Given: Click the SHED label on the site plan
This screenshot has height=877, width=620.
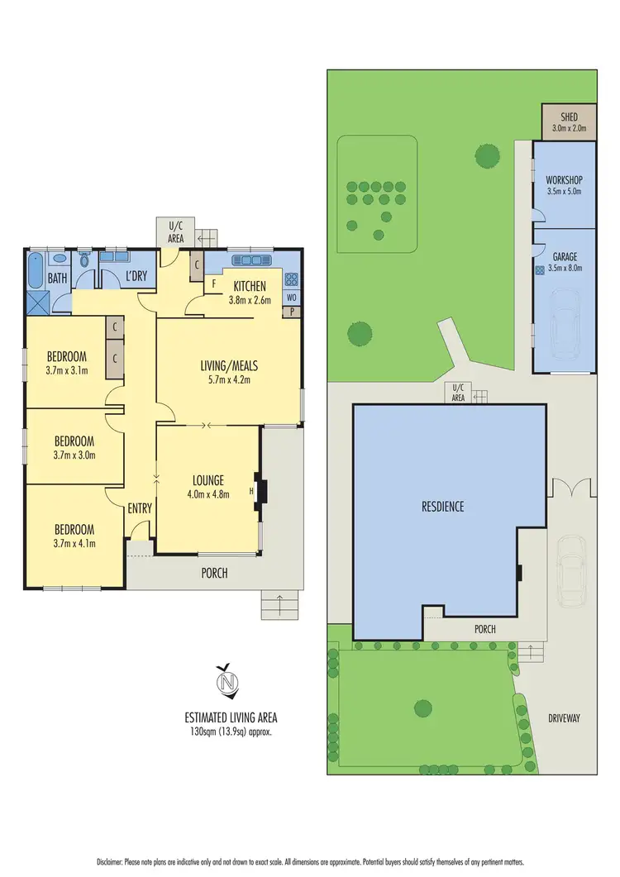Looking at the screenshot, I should coord(569,117).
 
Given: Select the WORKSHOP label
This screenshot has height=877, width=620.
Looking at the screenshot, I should coord(565,180).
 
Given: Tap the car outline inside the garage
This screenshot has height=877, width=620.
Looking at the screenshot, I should coord(565,326).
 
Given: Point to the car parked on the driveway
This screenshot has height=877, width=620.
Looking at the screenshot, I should coord(571,570).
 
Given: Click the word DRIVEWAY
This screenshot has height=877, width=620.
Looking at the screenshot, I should coord(562,718).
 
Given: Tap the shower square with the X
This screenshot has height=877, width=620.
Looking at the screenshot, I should coord(38,301).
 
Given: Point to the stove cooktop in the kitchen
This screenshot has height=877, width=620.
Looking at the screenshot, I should coord(291,279).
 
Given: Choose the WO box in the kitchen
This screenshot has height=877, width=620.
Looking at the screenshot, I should coord(291,297).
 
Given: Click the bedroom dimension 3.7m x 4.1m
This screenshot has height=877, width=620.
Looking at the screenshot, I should coord(74,544).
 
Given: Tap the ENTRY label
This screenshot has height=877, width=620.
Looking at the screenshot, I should coord(140,508).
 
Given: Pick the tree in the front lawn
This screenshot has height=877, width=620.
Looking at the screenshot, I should coord(422,708).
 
